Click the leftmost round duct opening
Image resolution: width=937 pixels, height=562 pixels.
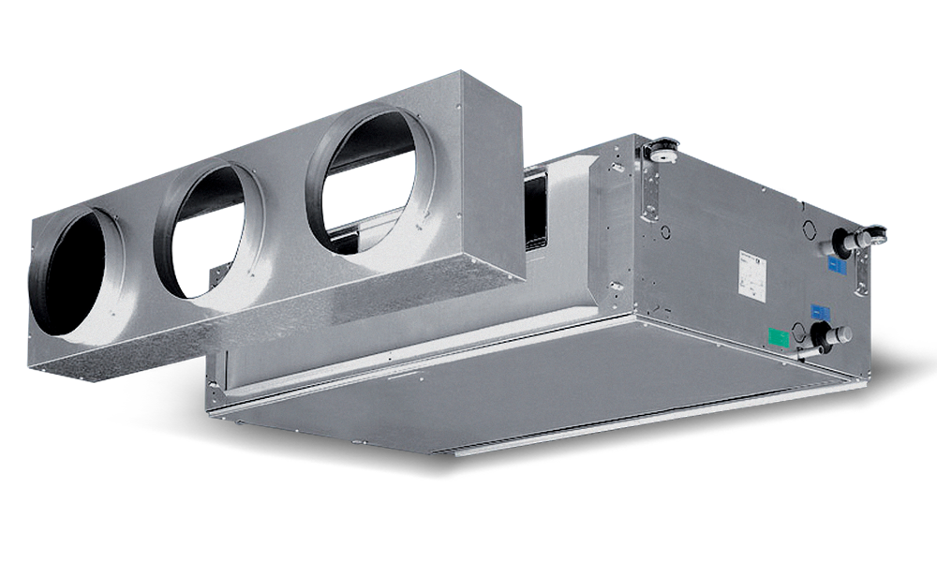click(x=75, y=272)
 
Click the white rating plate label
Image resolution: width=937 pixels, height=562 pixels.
click(x=751, y=274)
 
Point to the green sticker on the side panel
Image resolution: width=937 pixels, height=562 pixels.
click(x=777, y=336)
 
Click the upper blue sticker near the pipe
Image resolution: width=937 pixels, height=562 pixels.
click(x=837, y=266)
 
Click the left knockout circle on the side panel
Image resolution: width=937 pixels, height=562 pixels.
click(x=664, y=230)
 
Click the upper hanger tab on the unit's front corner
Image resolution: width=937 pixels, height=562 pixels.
click(x=616, y=169)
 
